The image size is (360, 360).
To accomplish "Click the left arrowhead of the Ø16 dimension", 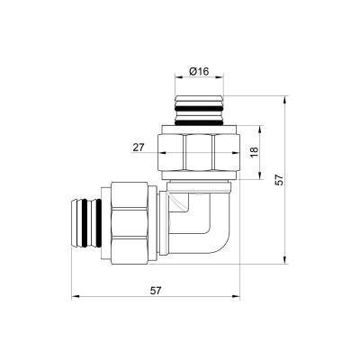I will tap(175, 79).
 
